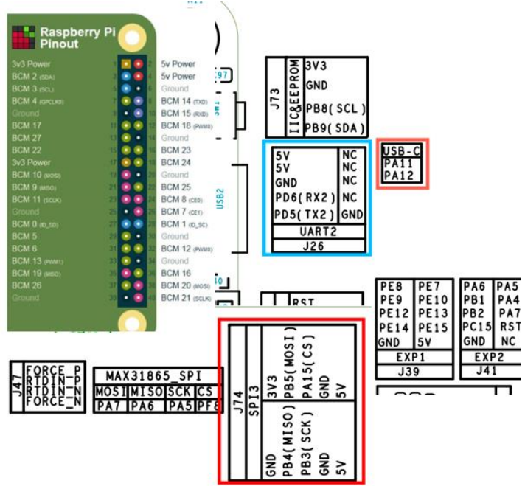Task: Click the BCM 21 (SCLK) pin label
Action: pyautogui.click(x=185, y=297)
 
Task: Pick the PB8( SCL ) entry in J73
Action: pyautogui.click(x=335, y=108)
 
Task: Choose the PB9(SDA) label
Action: pyautogui.click(x=335, y=127)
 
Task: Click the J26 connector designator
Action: pyautogui.click(x=316, y=246)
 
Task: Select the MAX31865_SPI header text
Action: pyautogui.click(x=153, y=375)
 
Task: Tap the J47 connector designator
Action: pyautogui.click(x=15, y=386)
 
